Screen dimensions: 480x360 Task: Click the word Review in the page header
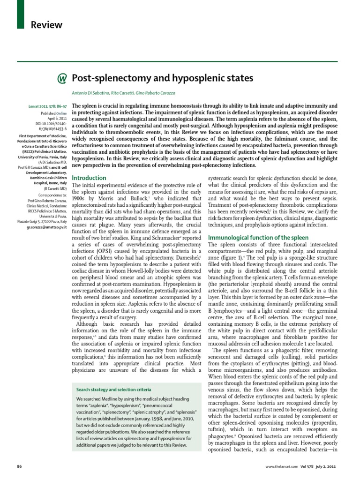(46, 25)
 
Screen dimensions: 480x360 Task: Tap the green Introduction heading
(89, 178)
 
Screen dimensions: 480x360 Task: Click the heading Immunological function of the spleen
(258, 238)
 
